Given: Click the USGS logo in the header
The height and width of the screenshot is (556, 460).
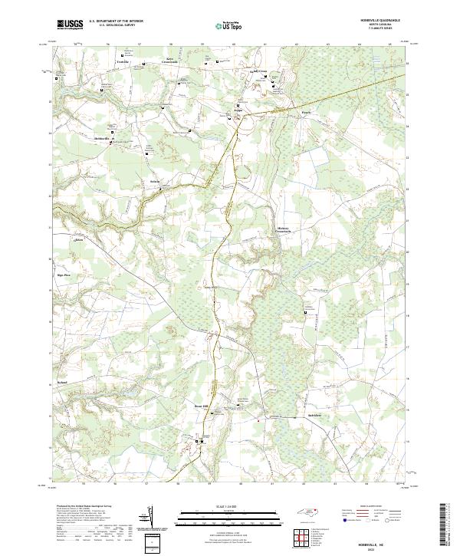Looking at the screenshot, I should click(x=70, y=25).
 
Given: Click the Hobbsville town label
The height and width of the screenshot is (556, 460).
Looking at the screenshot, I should click(x=103, y=138).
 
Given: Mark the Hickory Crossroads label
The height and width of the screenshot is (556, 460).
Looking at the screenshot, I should click(x=284, y=230).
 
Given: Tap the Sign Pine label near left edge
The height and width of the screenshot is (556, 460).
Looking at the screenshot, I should click(x=63, y=274).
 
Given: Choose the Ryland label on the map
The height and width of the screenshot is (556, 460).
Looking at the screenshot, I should click(x=64, y=380).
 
